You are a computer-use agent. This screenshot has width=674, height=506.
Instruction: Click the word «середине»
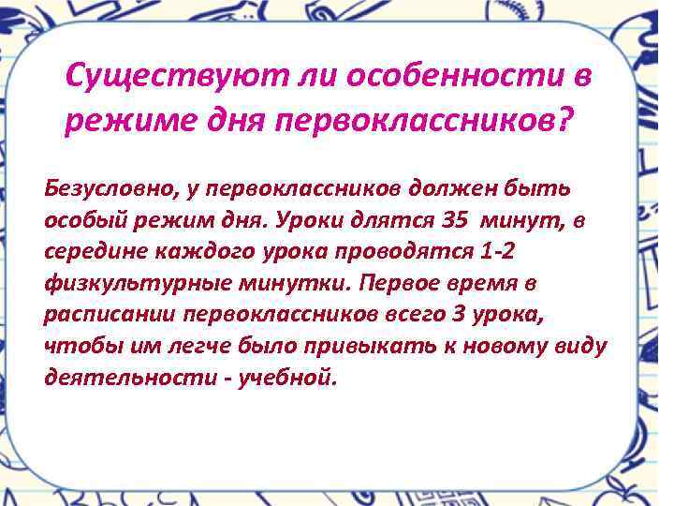[x=94, y=251]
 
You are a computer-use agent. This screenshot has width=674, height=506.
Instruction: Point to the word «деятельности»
[x=127, y=379]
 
